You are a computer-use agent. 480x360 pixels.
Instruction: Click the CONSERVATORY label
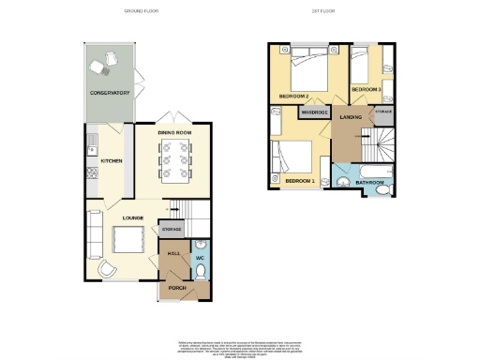(x=109, y=94)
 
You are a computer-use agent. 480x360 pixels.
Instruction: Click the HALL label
(x=173, y=253)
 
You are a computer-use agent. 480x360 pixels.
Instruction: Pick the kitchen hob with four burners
(x=92, y=172)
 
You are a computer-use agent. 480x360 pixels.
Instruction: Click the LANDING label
(x=352, y=116)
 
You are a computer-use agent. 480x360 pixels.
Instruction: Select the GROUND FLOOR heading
(x=142, y=10)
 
